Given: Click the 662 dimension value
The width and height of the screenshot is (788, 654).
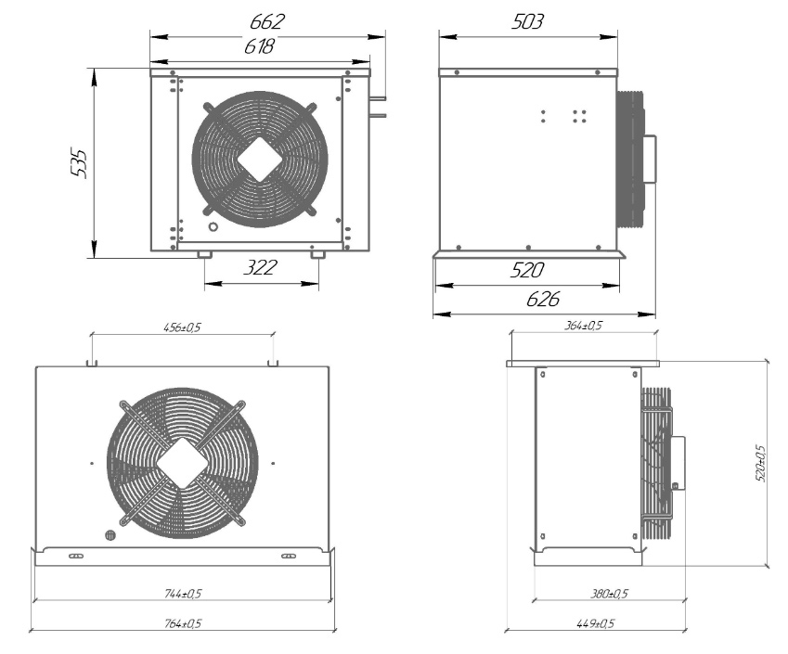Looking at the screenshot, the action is click(267, 21).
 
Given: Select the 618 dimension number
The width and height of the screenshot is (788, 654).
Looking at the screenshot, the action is click(259, 46).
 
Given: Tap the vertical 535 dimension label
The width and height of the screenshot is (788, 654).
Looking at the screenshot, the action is click(79, 162).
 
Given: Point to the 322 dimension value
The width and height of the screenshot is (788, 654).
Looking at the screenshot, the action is click(260, 267).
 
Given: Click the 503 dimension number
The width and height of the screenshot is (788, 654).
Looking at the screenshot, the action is click(528, 21).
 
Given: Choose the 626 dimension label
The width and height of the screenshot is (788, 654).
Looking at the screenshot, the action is click(543, 300).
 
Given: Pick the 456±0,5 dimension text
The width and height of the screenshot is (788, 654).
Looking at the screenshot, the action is click(182, 327).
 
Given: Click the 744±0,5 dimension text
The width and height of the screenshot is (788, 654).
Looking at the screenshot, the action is click(183, 594).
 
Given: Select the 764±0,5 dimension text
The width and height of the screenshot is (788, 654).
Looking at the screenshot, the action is click(183, 624).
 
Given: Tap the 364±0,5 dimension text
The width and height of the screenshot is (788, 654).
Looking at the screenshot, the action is click(583, 326).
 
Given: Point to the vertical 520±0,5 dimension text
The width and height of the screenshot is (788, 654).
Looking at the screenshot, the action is click(760, 463).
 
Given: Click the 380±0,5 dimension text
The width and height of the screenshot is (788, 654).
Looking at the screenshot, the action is click(609, 594).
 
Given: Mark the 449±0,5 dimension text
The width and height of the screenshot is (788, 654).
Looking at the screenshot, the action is click(596, 624).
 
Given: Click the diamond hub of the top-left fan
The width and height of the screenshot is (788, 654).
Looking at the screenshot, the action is click(260, 160).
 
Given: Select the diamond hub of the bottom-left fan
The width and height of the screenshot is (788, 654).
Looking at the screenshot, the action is click(183, 463).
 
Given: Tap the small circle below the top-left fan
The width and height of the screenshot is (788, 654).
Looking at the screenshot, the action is click(213, 227).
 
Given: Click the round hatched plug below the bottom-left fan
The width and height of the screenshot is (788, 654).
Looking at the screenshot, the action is click(110, 535).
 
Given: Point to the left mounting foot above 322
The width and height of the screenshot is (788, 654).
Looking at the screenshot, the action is click(204, 255).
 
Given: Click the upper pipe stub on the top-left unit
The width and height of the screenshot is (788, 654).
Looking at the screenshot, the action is click(378, 98).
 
